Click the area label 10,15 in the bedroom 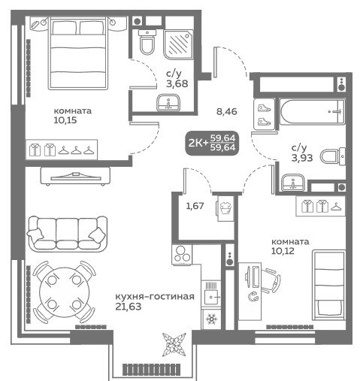tap(65, 120)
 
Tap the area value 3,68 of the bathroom tap(177, 83)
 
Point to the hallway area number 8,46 tap(227, 111)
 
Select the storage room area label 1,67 tap(195, 206)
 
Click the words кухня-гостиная tap(155, 296)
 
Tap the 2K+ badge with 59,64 tap(212, 143)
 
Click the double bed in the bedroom tap(79, 53)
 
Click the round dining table tap(65, 292)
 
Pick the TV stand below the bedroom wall tap(75, 177)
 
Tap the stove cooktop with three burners tap(182, 255)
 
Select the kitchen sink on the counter tap(211, 293)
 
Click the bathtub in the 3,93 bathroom tap(312, 111)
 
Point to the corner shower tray tap(178, 44)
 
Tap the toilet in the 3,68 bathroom tap(147, 42)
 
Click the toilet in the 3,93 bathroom tap(333, 156)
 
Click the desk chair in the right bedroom tap(271, 280)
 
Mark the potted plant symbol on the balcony tap(174, 345)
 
